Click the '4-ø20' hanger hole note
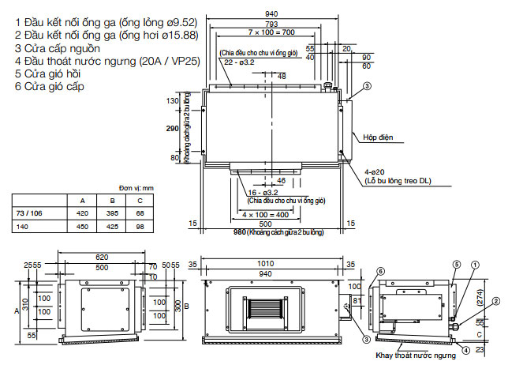pyautogui.click(x=375, y=171)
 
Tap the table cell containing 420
pyautogui.click(x=81, y=213)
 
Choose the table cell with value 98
pyautogui.click(x=140, y=226)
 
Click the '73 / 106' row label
pyautogui.click(x=31, y=213)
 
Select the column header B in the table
pyautogui.click(x=110, y=201)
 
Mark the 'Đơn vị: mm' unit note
pyautogui.click(x=137, y=189)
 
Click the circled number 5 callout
pyautogui.click(x=455, y=263)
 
